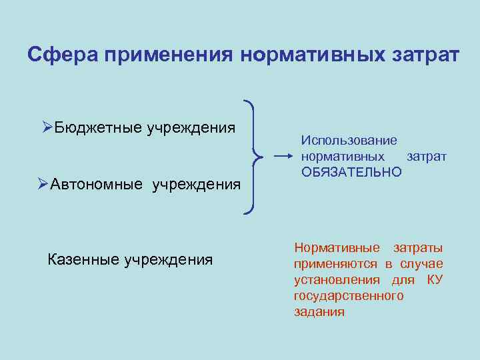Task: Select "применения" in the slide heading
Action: coord(167,55)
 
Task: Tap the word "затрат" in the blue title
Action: coord(424,55)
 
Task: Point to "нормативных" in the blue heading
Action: coord(310,55)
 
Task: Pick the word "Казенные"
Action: coord(84,259)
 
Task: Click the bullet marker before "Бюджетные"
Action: coord(47,127)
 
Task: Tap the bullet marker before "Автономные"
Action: coord(43,183)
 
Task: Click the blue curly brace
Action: coord(253,157)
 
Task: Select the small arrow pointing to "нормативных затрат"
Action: coord(284,157)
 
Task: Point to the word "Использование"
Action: coord(349,141)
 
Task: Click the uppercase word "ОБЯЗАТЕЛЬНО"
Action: coord(351,173)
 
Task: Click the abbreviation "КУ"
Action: coord(435,280)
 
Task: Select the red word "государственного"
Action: coord(349,296)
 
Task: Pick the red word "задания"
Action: coord(319,312)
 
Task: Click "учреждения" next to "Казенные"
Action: coord(169,259)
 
